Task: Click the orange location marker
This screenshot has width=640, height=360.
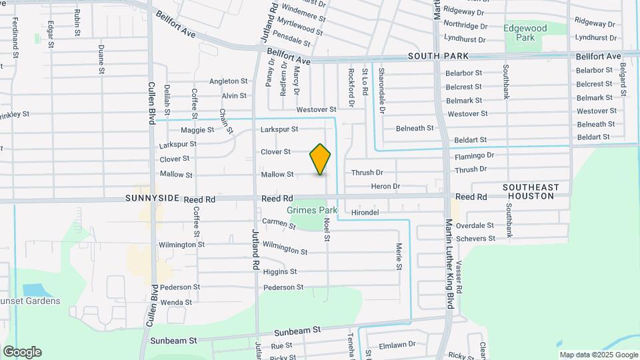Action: [x=320, y=159]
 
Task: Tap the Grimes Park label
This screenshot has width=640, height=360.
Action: [x=312, y=211]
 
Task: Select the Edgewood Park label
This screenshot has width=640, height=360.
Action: [x=525, y=33]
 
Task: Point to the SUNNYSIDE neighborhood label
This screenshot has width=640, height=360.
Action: [x=149, y=199]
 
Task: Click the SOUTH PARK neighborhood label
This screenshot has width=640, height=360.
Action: [x=439, y=56]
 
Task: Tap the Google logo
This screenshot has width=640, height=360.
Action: [x=22, y=352]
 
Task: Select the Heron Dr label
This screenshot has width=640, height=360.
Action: [x=385, y=187]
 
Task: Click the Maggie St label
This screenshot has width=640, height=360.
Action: [x=197, y=130]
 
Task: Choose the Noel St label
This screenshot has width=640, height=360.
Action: [x=327, y=229]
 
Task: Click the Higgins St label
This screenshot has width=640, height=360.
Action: [x=280, y=272]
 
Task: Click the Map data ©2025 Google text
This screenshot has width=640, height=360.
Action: [x=598, y=355]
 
